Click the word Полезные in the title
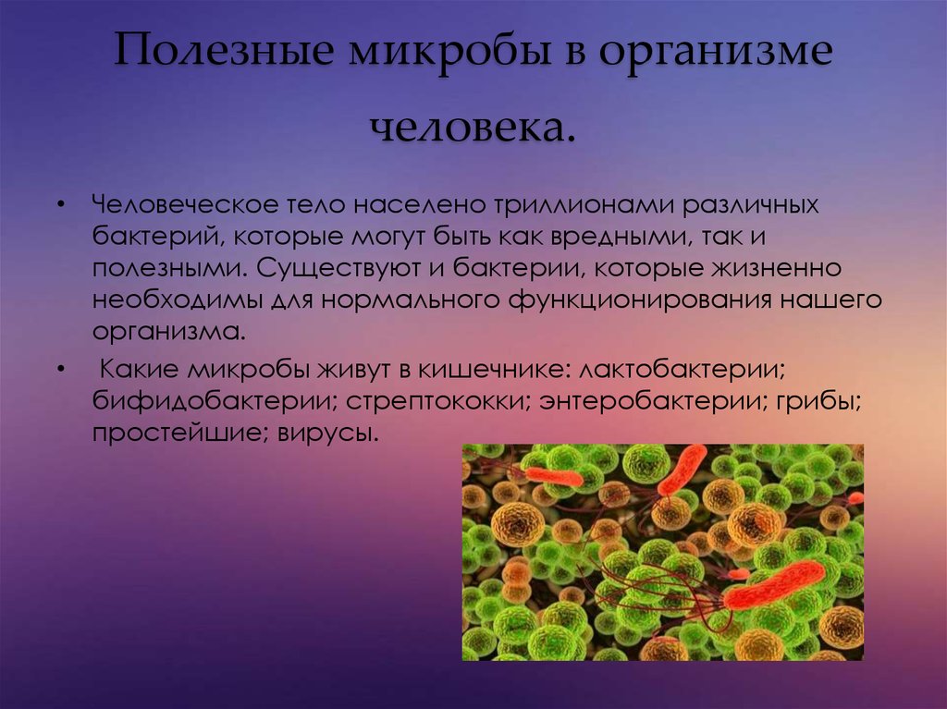(x=224, y=49)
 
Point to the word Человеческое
(x=185, y=204)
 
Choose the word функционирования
(x=640, y=300)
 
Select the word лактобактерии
(x=682, y=369)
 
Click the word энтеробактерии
(x=653, y=401)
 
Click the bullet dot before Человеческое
(x=60, y=205)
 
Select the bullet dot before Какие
(x=60, y=370)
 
